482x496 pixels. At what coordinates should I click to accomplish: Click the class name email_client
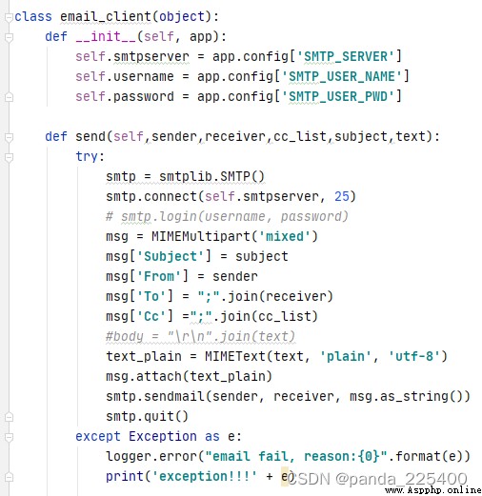(x=106, y=16)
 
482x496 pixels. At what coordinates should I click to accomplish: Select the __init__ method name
(x=106, y=36)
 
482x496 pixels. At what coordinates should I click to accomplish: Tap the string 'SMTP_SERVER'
(x=346, y=57)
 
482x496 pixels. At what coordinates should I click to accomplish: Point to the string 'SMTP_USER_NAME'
(x=342, y=76)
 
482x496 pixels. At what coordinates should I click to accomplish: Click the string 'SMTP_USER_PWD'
(x=338, y=96)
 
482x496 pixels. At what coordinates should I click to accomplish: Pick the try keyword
(x=87, y=156)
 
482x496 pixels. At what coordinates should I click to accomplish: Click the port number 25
(x=342, y=196)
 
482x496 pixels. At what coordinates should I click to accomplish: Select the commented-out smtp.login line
(x=227, y=216)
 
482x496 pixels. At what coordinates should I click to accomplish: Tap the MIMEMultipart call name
(x=201, y=236)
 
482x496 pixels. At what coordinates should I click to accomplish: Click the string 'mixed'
(x=285, y=236)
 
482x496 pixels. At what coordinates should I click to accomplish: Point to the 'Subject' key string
(x=171, y=256)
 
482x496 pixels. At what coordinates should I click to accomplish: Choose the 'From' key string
(x=159, y=276)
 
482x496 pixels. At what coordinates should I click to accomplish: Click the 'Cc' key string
(x=151, y=316)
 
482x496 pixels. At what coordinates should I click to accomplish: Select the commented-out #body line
(x=200, y=336)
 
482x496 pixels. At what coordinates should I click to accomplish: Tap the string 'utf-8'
(x=414, y=356)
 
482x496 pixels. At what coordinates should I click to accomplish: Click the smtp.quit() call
(x=147, y=416)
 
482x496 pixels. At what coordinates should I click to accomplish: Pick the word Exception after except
(x=163, y=436)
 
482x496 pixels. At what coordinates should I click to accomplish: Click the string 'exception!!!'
(x=205, y=476)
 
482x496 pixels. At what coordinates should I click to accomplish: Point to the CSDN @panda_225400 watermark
(x=378, y=479)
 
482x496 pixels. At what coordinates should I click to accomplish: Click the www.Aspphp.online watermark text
(x=433, y=490)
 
